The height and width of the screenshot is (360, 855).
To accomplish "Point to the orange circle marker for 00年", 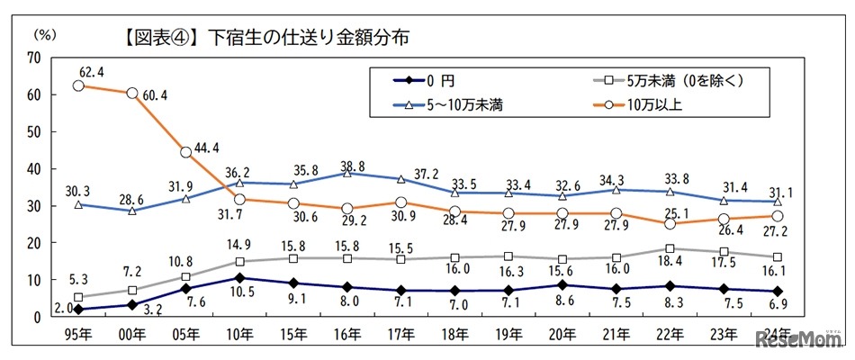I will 131,94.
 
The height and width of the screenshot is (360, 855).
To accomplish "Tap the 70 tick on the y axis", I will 35,57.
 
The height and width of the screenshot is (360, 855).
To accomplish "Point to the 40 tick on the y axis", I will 35,168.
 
